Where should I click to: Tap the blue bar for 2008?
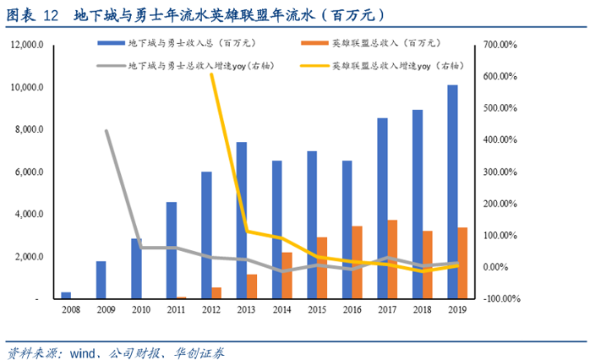click(x=66, y=296)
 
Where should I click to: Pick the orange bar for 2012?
click(x=217, y=293)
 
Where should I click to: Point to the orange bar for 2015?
click(x=323, y=268)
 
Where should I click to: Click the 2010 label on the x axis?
click(x=141, y=311)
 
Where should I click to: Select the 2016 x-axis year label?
click(x=352, y=311)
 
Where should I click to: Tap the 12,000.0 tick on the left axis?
click(x=28, y=46)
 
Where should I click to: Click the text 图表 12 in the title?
click(x=32, y=14)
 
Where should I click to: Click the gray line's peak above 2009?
click(x=107, y=131)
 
